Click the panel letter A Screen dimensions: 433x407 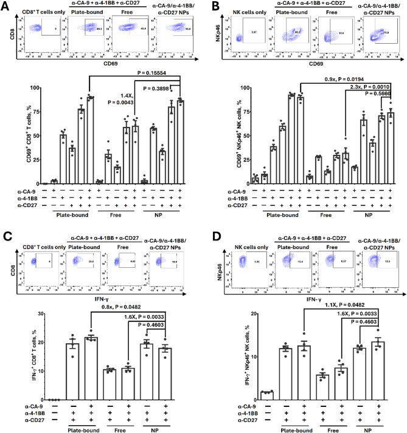5,5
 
